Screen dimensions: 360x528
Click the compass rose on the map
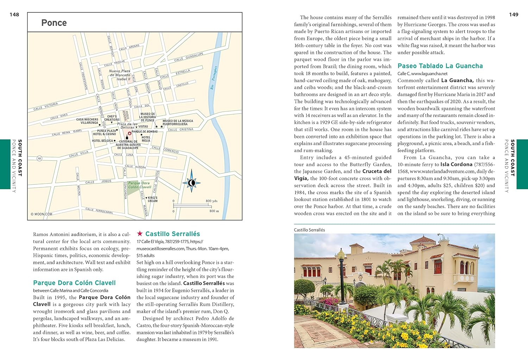[x=191, y=182]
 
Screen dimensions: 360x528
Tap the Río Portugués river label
[x=214, y=77]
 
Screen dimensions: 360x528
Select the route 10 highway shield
[x=39, y=159]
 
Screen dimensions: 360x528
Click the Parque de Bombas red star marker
[x=129, y=134]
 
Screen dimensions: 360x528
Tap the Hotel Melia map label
[x=146, y=139]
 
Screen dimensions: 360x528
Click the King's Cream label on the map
[x=152, y=199]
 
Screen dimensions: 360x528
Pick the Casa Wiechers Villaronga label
[x=87, y=121]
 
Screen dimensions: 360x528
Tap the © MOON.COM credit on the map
[x=42, y=214]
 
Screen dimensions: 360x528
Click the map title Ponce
[x=54, y=23]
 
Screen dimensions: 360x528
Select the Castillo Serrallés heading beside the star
[x=172, y=234]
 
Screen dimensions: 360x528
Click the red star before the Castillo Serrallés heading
[x=140, y=234]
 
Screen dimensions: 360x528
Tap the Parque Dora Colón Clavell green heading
[x=74, y=283]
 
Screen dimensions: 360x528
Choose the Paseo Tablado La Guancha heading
[x=440, y=66]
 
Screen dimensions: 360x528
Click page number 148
[x=14, y=14]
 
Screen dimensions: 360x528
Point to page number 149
[x=514, y=14]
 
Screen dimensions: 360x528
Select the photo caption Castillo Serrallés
[x=309, y=230]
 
